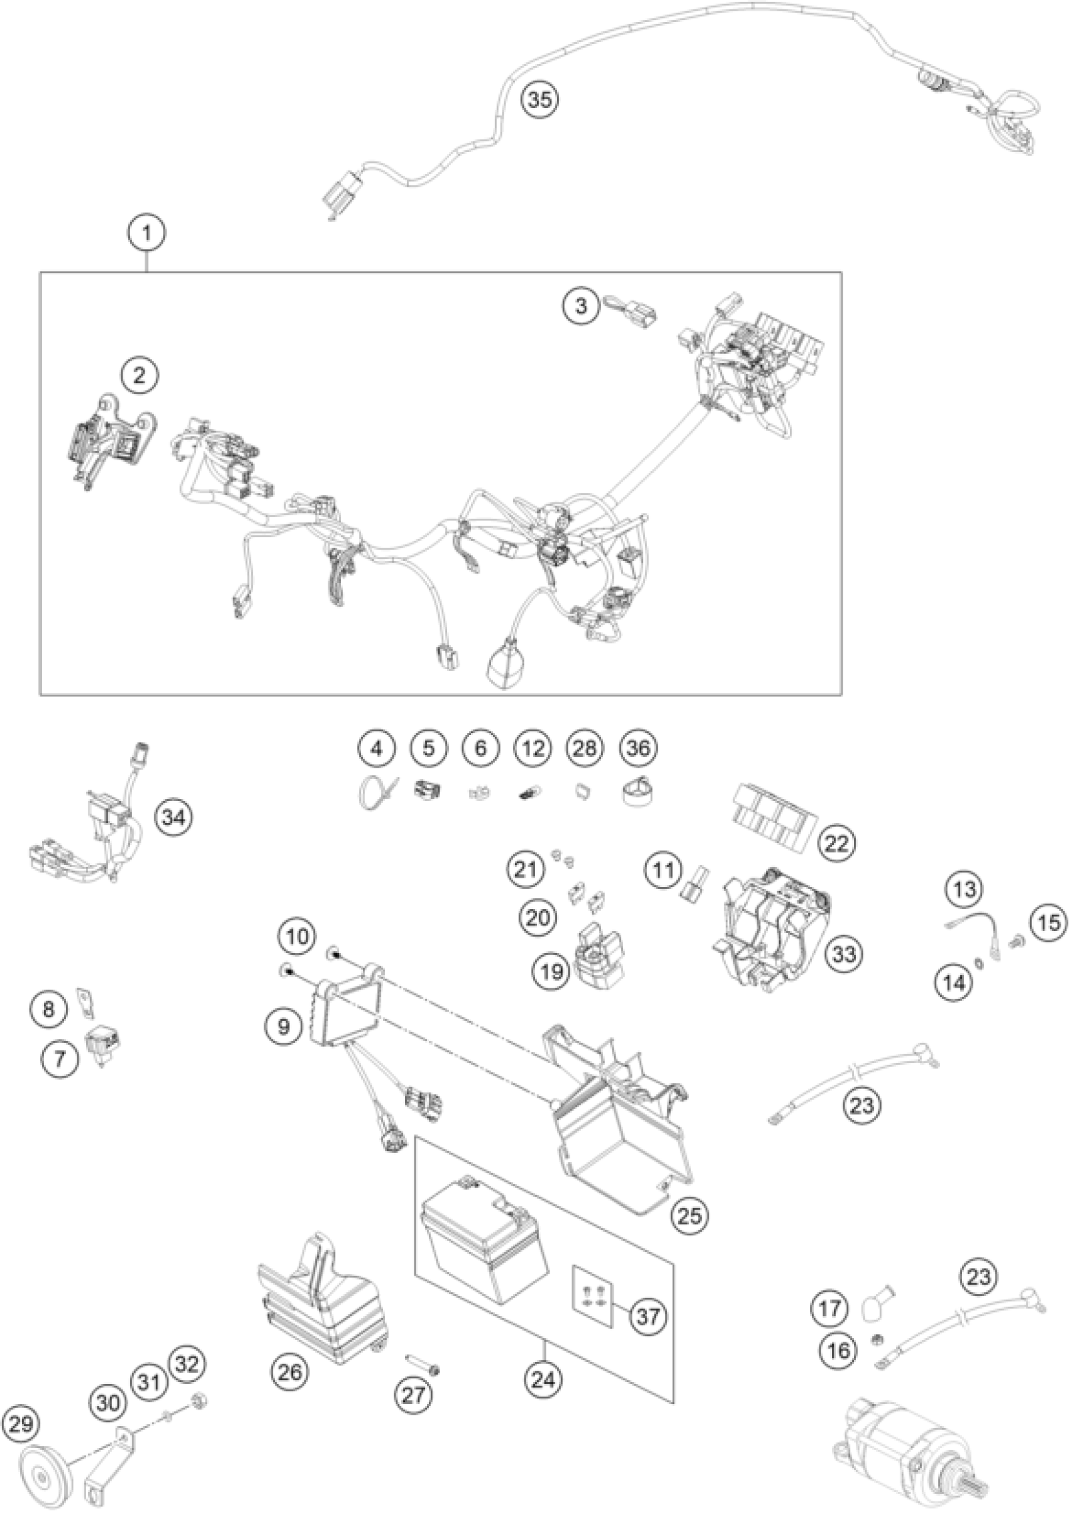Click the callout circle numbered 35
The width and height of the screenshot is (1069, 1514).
click(540, 99)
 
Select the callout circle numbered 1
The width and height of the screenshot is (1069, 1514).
click(147, 233)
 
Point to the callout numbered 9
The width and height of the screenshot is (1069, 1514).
click(283, 1026)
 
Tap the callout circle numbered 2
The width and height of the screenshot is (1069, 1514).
click(139, 376)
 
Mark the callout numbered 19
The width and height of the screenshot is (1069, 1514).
click(552, 971)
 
